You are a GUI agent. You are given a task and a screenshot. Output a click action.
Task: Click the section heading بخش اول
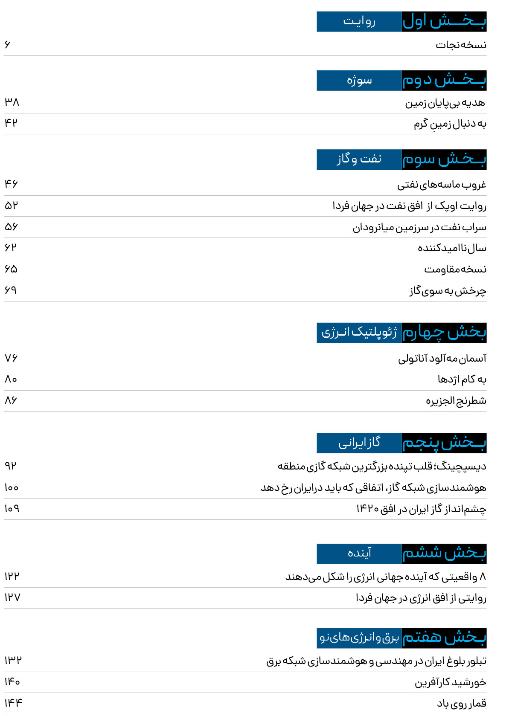444,21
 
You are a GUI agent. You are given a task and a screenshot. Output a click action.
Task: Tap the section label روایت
359,21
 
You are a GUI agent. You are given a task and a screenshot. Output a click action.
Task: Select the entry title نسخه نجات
461,45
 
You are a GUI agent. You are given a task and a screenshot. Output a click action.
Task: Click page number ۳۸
12,102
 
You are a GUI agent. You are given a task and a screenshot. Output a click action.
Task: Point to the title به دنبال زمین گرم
450,124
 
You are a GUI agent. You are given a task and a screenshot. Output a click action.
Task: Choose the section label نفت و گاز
359,159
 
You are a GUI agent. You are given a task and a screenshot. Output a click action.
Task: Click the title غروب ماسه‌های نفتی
442,185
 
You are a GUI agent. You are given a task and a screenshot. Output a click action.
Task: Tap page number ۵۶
12,226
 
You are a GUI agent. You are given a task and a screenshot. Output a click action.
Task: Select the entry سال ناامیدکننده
452,248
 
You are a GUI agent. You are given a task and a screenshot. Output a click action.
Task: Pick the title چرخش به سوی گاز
448,291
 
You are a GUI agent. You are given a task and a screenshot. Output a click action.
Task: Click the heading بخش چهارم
444,333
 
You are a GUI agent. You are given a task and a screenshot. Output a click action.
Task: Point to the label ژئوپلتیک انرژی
359,333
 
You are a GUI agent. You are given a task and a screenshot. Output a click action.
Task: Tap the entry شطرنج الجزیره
456,401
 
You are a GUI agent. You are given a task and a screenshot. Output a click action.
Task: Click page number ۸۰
11,379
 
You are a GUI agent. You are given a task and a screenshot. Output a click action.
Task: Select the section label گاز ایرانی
359,443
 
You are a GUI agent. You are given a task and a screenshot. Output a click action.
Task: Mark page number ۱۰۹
12,509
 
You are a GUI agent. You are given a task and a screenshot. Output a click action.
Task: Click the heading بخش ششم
444,554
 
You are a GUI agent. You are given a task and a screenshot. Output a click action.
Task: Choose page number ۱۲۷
12,597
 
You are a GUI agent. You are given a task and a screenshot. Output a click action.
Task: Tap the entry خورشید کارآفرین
450,682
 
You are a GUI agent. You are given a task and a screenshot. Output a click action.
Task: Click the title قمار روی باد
461,703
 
